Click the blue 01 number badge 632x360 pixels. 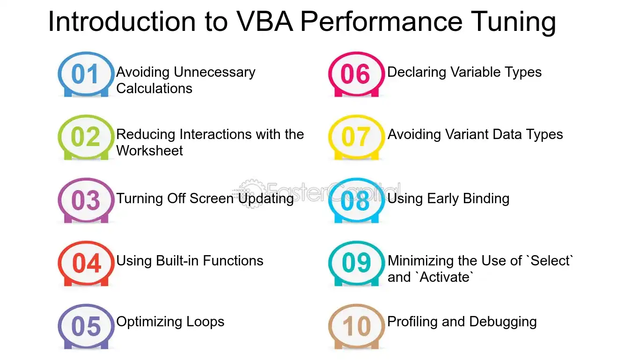pyautogui.click(x=86, y=74)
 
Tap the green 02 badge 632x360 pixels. pyautogui.click(x=86, y=137)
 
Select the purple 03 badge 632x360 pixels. pyautogui.click(x=86, y=200)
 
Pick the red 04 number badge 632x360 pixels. pyautogui.click(x=86, y=264)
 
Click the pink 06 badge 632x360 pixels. pyautogui.click(x=356, y=74)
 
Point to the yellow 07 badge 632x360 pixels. pyautogui.click(x=356, y=137)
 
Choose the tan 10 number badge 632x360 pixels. pyautogui.click(x=356, y=327)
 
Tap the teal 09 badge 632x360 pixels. pyautogui.click(x=356, y=264)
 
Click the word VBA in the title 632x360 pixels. pyautogui.click(x=265, y=22)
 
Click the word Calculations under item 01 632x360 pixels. pyautogui.click(x=154, y=88)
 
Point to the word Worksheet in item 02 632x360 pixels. pyautogui.click(x=149, y=150)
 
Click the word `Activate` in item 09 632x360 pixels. pyautogui.click(x=444, y=277)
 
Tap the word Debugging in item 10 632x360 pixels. pyautogui.click(x=503, y=322)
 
